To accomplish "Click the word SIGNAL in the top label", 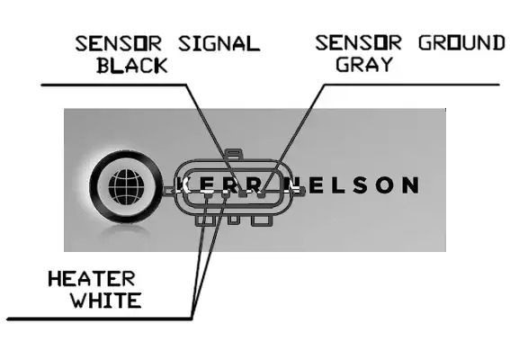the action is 219,43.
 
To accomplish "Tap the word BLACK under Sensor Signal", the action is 132,65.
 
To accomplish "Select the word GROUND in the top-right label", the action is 461,43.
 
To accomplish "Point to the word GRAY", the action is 364,64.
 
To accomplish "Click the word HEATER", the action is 92,279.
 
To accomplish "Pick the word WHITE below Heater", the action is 106,300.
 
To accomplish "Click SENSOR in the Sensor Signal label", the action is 119,43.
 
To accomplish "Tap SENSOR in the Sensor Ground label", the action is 358,43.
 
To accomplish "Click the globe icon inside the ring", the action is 126,187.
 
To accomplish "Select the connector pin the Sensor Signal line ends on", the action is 242,194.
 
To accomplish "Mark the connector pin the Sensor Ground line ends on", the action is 261,194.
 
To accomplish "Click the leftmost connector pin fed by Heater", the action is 207,195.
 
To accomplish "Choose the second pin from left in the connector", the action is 226,195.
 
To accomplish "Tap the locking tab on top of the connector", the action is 234,154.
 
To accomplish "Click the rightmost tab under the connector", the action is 262,220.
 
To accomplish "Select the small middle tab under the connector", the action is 234,220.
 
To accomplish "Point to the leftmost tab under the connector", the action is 205,220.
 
